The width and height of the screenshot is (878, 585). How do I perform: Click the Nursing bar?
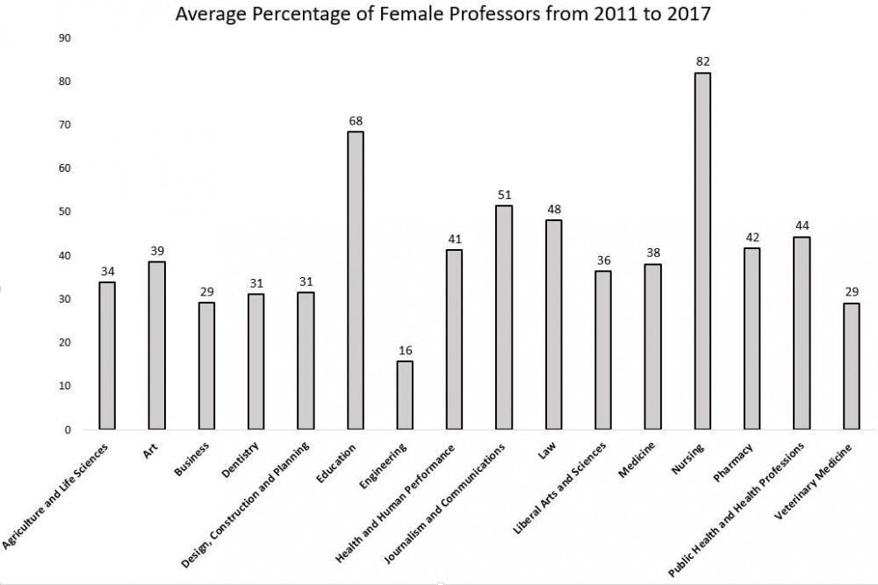click(702, 251)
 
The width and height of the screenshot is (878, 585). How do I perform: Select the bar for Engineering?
click(405, 396)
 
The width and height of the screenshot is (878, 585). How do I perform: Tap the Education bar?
click(355, 281)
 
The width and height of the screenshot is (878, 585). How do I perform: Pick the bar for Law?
click(553, 325)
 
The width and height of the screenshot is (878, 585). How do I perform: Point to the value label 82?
click(702, 61)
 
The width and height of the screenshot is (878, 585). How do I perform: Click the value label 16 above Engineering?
click(405, 350)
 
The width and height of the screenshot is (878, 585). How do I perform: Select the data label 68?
click(355, 120)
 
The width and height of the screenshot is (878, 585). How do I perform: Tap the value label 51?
click(504, 195)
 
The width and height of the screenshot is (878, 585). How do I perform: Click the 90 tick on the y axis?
click(64, 38)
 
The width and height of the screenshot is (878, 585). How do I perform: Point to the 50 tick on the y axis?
click(64, 212)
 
